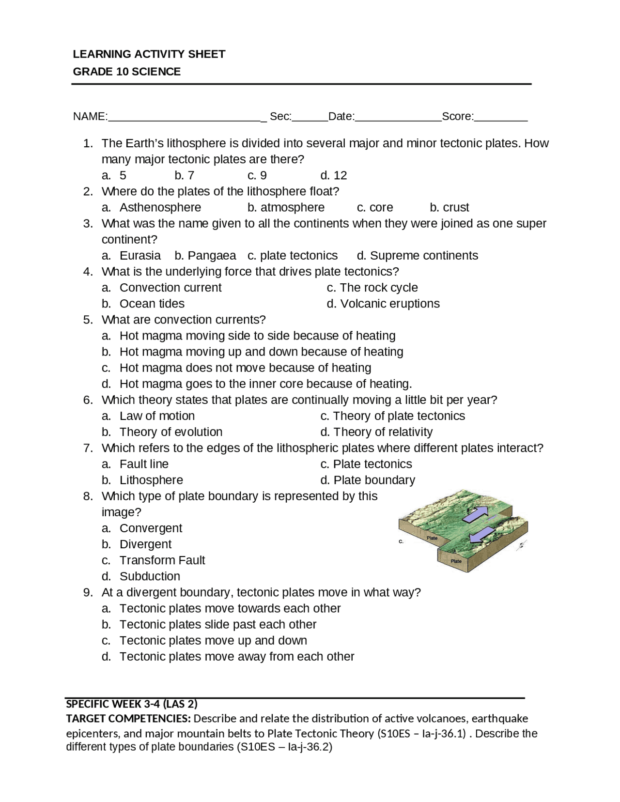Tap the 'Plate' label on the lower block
[456, 561]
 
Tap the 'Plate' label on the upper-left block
[432, 538]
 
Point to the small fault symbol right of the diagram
[521, 546]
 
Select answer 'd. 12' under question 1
[334, 175]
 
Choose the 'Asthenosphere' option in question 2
[160, 207]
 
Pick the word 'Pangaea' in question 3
[212, 256]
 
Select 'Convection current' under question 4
[170, 288]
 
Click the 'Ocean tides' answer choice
[152, 304]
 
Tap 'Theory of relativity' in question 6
[383, 432]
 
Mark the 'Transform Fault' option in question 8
[162, 560]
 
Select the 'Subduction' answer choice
[150, 576]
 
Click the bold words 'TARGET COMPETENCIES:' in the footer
[128, 718]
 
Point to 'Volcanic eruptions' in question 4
[389, 304]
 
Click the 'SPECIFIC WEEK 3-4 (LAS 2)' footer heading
[132, 704]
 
